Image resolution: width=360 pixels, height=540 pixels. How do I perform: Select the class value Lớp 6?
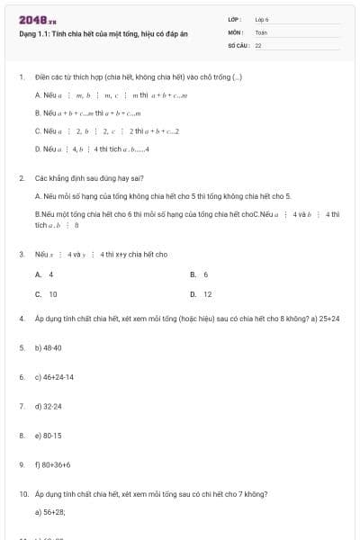point(262,19)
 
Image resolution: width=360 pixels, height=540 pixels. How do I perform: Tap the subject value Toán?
point(261,31)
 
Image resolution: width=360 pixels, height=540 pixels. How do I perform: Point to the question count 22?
point(258,44)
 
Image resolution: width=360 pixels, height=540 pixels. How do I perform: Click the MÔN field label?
point(236,31)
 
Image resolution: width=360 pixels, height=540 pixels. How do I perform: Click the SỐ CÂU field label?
point(238,44)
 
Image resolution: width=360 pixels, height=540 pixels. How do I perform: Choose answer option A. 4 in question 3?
point(44,274)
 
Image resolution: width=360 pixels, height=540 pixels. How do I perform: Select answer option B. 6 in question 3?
point(199,274)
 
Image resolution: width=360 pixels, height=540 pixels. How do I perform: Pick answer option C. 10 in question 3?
point(46,294)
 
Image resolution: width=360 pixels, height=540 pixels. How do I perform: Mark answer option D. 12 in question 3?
point(201,294)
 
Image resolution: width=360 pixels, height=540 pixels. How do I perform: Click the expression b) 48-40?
point(48,346)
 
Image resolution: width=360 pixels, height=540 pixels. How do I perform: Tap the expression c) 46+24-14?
point(54,377)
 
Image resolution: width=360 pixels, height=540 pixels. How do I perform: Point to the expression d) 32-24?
point(48,407)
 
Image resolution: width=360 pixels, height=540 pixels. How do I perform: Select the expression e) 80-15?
point(48,436)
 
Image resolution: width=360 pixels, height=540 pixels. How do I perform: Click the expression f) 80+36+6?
point(52,464)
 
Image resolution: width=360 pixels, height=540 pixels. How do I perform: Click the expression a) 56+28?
point(50,511)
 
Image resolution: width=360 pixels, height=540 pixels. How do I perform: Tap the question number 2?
point(21,178)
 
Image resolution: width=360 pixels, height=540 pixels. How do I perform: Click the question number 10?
point(23,494)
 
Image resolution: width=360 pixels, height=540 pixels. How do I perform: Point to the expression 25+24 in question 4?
point(329,319)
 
